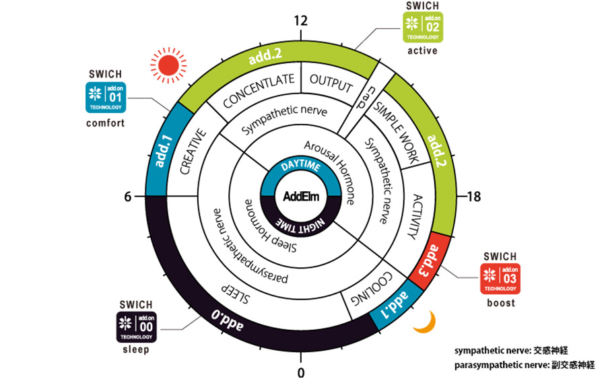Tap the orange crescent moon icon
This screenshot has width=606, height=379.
click(x=423, y=322)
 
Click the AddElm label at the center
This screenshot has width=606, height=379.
click(x=300, y=197)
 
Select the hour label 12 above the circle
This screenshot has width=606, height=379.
click(x=301, y=21)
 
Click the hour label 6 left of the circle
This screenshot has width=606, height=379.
click(x=127, y=197)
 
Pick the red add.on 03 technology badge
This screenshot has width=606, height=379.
click(x=499, y=279)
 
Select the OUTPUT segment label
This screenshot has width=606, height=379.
click(x=331, y=83)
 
